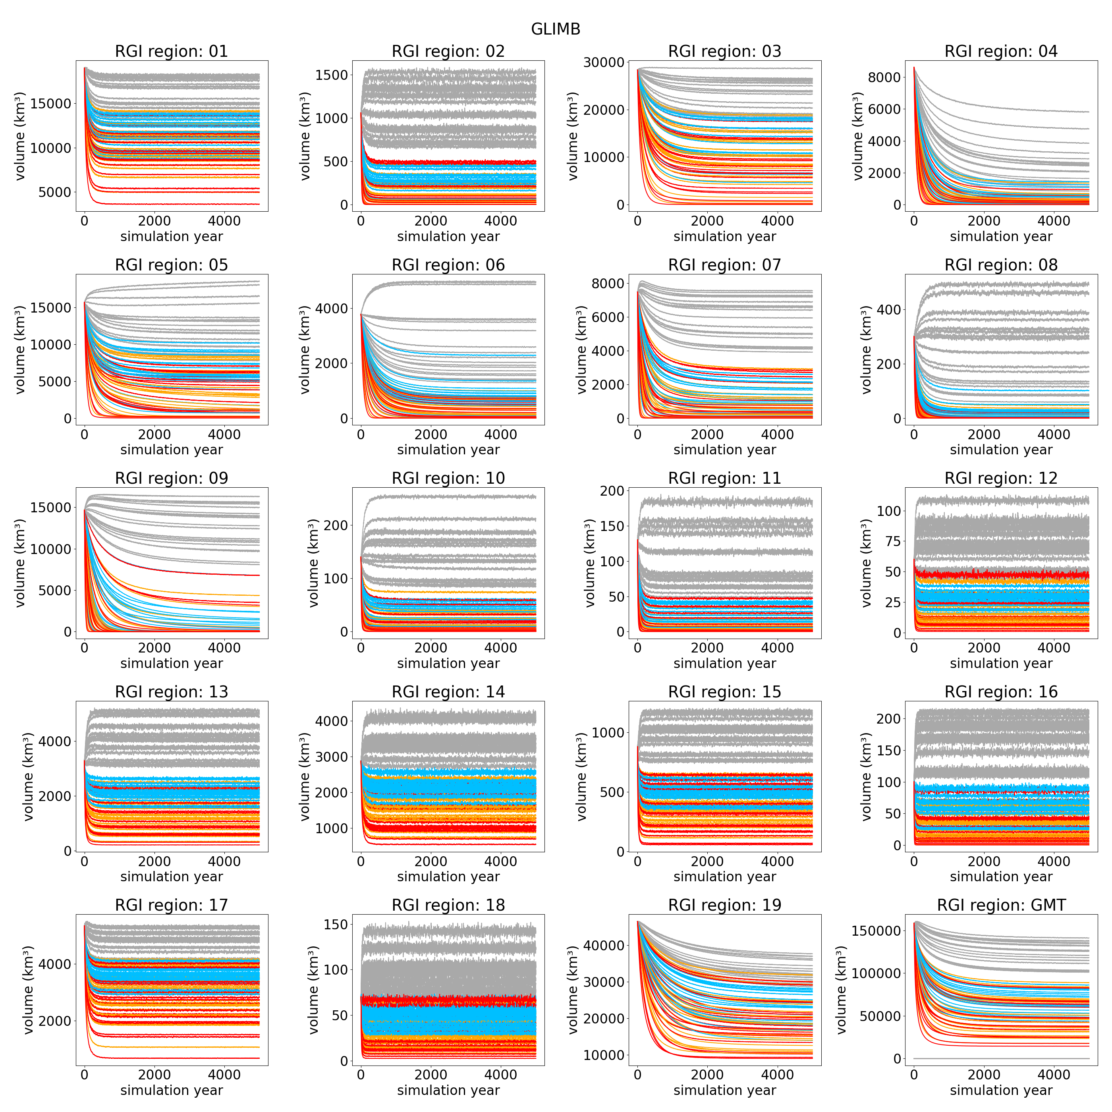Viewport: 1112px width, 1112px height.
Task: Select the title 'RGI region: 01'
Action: coord(172,52)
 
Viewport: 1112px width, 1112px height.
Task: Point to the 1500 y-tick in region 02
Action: coord(332,75)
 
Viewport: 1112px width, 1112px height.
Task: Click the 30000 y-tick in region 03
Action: coord(604,62)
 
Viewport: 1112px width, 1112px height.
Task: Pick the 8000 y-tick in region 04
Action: coord(884,78)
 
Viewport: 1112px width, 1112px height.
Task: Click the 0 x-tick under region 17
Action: coord(85,1075)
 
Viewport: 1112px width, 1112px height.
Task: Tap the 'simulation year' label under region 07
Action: coord(725,450)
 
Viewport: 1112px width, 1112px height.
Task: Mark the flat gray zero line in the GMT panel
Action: coord(1002,1058)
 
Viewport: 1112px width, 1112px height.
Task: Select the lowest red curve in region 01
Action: coord(173,204)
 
